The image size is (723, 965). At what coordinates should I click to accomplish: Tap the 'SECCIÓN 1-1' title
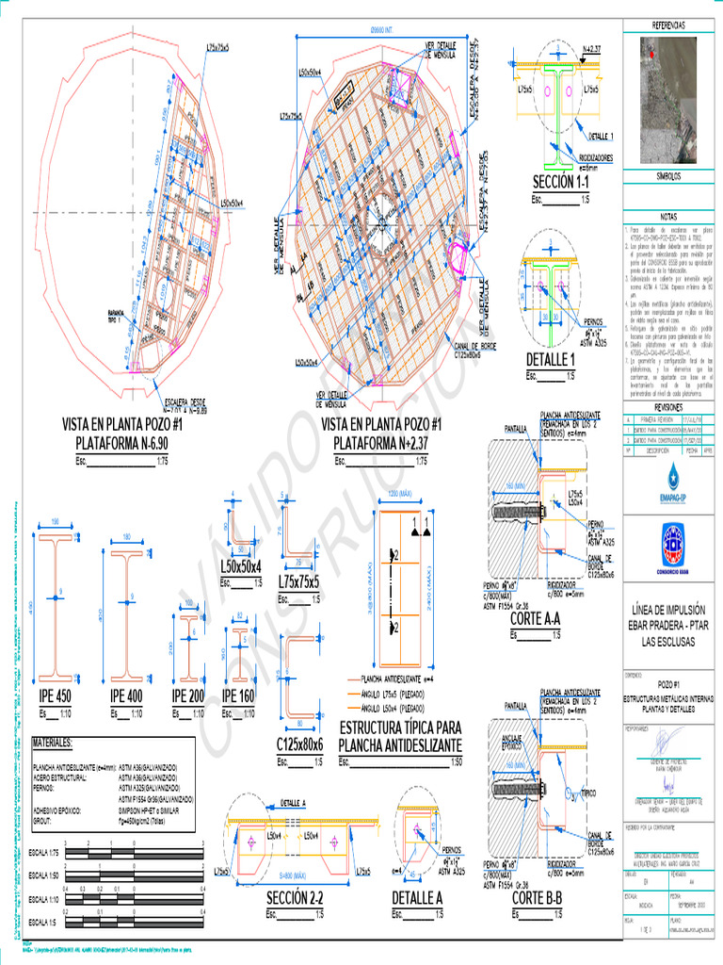click(x=560, y=181)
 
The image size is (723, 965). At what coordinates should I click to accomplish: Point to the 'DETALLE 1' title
click(x=551, y=359)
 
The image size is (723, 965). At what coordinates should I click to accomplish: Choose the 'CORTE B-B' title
click(x=537, y=898)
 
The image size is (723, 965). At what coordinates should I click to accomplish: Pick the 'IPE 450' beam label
click(x=56, y=695)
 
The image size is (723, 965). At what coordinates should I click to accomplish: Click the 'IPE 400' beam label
click(x=127, y=695)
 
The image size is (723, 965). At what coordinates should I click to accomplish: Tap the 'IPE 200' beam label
click(x=188, y=695)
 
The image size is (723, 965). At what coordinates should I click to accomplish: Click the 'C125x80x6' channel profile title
click(x=300, y=744)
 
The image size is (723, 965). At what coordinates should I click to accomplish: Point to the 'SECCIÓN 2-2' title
click(x=294, y=898)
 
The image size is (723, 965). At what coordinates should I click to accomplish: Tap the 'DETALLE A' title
click(x=417, y=898)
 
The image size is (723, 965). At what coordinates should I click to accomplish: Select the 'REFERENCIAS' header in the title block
click(x=669, y=25)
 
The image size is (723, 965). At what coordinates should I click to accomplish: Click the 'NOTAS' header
click(x=669, y=216)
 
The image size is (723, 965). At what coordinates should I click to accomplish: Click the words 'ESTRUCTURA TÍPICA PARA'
click(x=400, y=728)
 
